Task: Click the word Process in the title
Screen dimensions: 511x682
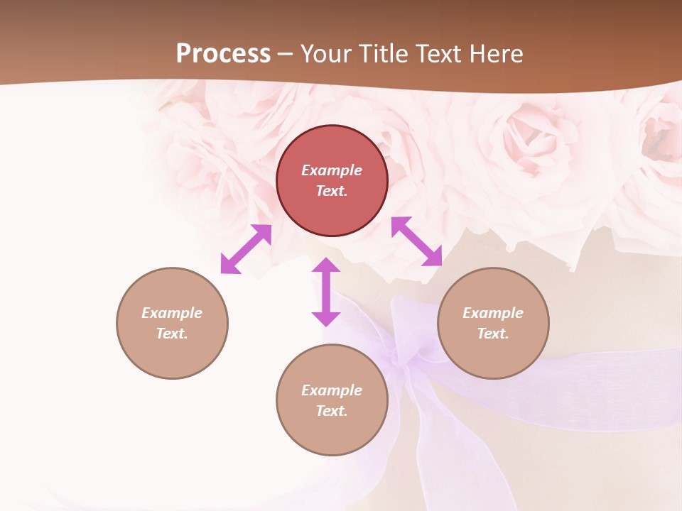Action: [x=223, y=54]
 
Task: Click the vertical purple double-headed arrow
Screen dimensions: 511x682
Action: [x=326, y=292]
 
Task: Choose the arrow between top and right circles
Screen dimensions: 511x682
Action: [x=417, y=241]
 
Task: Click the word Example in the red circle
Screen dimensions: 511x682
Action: [x=332, y=170]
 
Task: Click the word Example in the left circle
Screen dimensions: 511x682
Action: [x=172, y=313]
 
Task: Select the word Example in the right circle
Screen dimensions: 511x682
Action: [x=493, y=313]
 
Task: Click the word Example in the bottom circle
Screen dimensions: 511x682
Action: [x=332, y=390]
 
